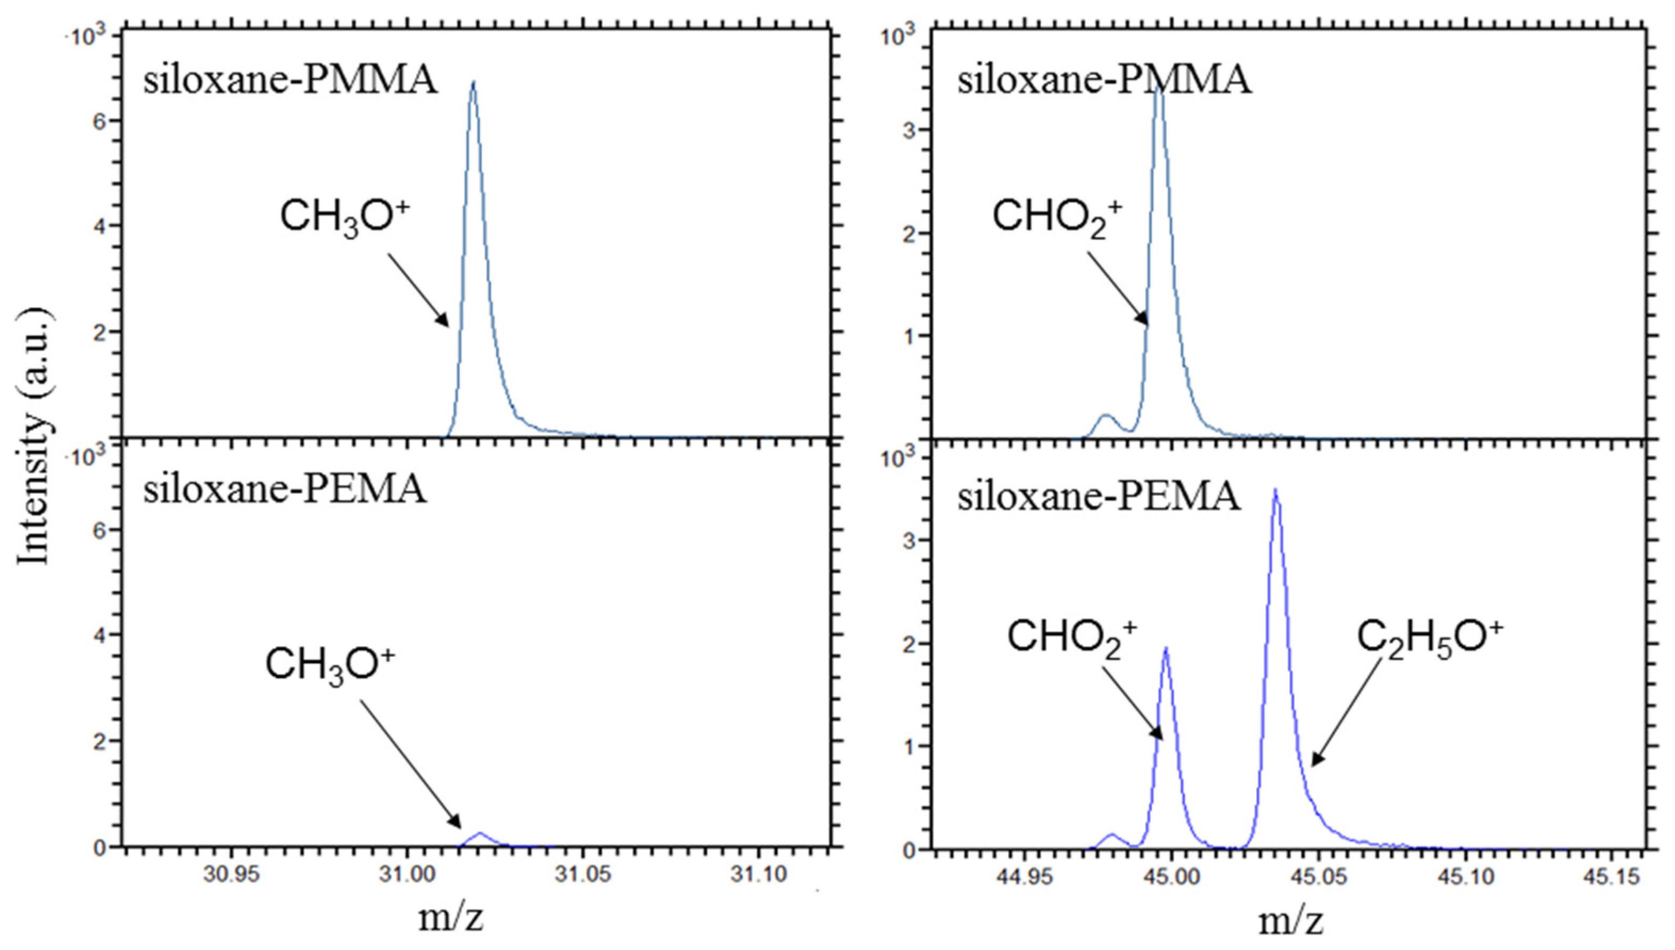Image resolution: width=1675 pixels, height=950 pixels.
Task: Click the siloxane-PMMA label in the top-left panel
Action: click(x=291, y=81)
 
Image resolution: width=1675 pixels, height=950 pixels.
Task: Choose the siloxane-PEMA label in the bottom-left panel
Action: click(x=285, y=489)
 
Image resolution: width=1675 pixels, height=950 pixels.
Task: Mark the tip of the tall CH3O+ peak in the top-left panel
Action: click(x=473, y=82)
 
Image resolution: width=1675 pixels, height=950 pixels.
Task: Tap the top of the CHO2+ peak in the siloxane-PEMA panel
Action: click(x=1166, y=648)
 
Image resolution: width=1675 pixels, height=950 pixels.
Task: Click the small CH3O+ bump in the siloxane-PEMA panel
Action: click(x=480, y=833)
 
